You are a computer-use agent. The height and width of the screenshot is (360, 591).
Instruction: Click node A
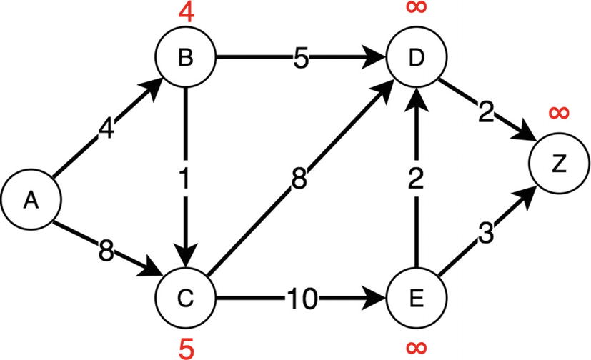coord(30,201)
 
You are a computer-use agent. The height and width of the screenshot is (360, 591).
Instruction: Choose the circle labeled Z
coord(557,165)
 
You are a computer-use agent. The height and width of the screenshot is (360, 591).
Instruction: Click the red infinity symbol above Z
coord(560,112)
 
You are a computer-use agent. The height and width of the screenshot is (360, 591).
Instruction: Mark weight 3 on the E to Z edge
coord(485,235)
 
